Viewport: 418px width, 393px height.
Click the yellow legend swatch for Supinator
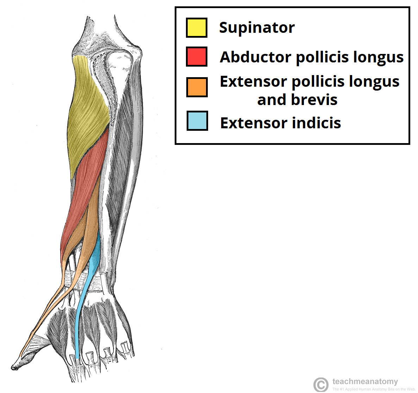coord(196,27)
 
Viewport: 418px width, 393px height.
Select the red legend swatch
coord(196,56)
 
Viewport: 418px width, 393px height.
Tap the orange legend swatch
coord(197,87)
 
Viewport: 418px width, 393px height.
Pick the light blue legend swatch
coord(197,121)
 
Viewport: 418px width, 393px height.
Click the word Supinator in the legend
coord(257,27)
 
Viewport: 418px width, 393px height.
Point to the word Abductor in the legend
coord(255,57)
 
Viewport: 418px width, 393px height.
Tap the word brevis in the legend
coord(314,100)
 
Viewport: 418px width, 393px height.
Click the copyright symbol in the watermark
coord(320,384)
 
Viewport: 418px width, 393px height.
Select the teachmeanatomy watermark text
coord(365,381)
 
